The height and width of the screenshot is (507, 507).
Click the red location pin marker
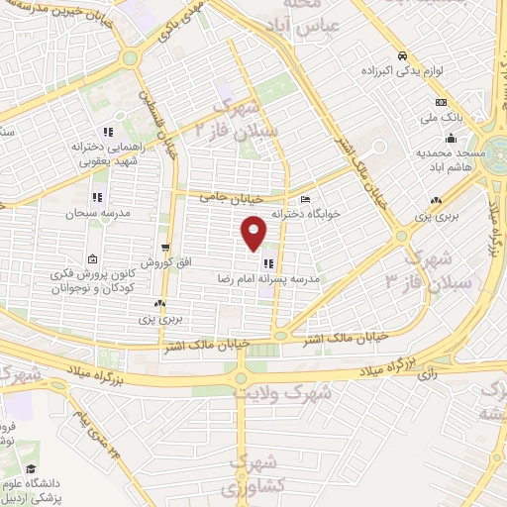click(254, 232)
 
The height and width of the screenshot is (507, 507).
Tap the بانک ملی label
click(442, 119)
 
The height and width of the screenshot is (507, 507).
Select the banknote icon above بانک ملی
click(441, 103)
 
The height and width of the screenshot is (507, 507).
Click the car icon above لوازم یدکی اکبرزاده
click(402, 56)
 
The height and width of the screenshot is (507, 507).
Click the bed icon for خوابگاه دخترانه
click(304, 198)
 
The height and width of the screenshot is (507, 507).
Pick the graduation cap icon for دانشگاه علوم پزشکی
click(32, 468)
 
